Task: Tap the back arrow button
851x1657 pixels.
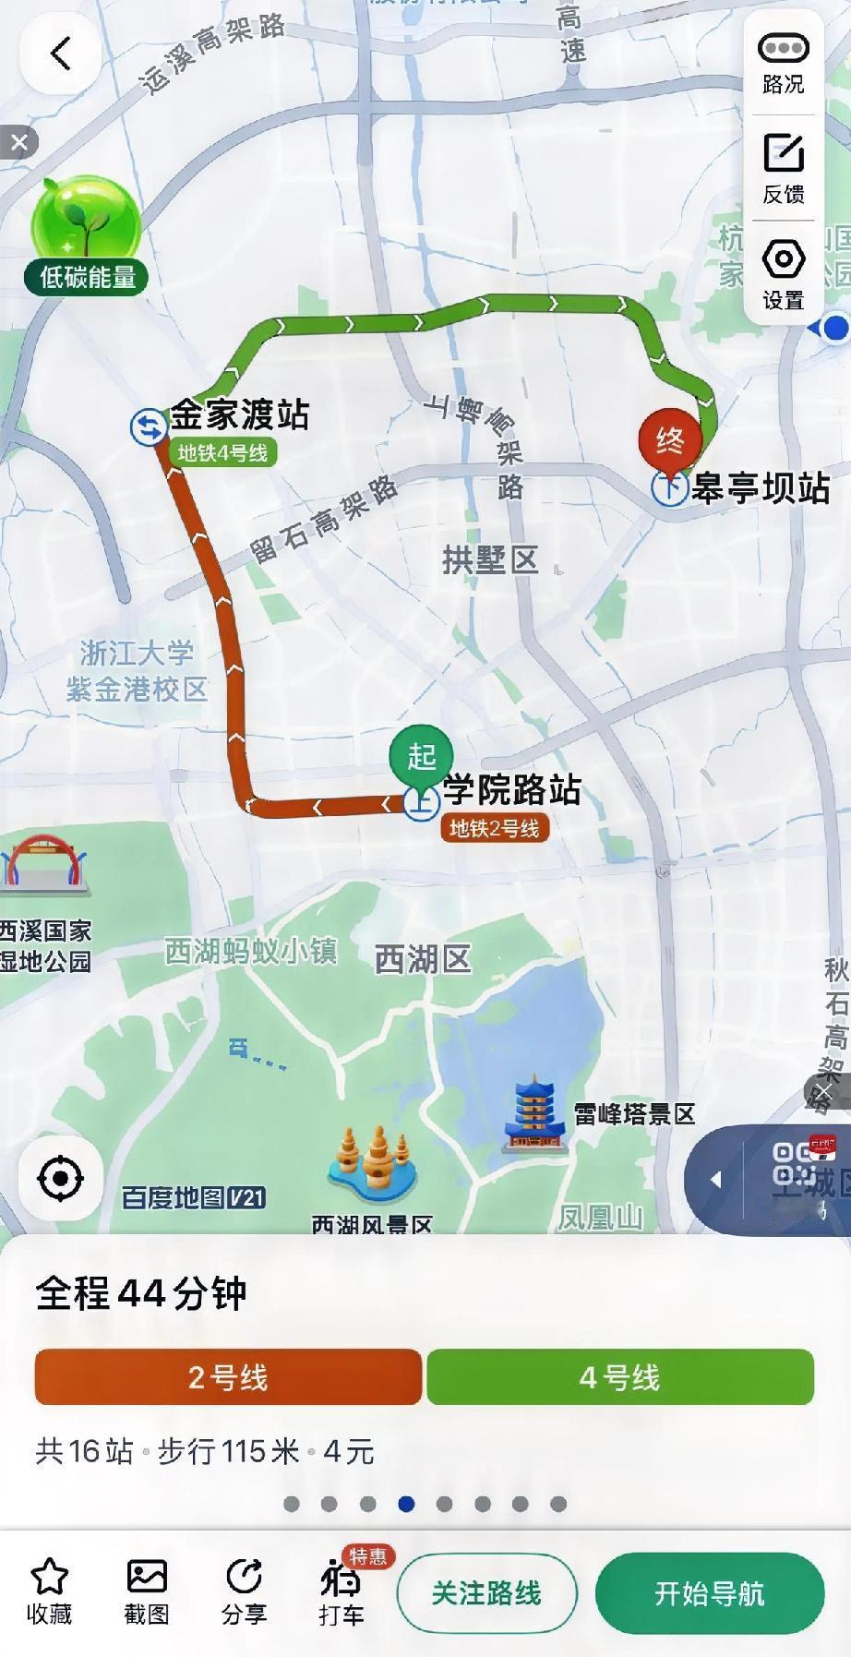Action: click(60, 54)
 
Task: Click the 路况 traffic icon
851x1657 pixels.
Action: click(783, 48)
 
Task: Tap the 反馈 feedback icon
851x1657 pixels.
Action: click(783, 153)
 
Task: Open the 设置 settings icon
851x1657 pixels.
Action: click(783, 259)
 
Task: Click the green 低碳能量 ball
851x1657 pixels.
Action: click(86, 224)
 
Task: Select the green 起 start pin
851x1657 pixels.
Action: click(421, 757)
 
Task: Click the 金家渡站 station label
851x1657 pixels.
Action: click(239, 414)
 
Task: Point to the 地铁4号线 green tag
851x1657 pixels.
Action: click(222, 453)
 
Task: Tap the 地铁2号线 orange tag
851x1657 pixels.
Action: click(495, 828)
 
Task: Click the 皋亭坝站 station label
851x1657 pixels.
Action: click(761, 487)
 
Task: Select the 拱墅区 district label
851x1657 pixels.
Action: click(490, 559)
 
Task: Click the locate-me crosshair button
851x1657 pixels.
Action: click(61, 1178)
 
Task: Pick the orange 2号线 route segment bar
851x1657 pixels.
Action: click(228, 1377)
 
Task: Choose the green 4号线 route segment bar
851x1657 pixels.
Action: click(620, 1377)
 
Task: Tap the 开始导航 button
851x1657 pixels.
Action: click(709, 1593)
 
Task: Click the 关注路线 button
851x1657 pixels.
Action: click(486, 1593)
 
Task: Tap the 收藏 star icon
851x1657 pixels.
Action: click(50, 1577)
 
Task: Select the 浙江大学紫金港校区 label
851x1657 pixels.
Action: click(137, 671)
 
